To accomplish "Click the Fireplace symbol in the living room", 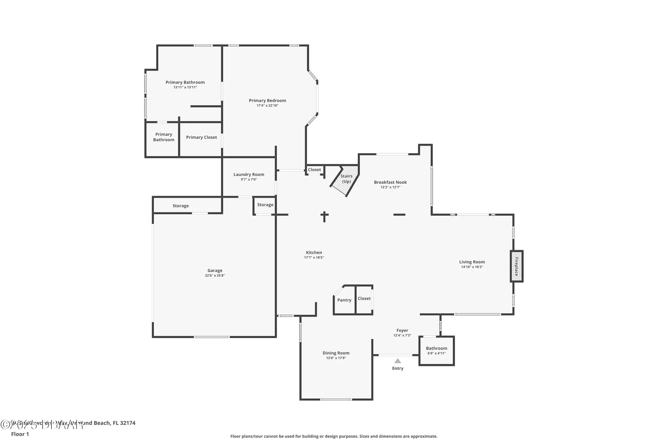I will [516, 266].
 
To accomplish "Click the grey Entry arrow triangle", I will [397, 361].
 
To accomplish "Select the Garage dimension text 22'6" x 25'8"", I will [215, 276].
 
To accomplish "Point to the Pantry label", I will [344, 300].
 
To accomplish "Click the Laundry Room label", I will [249, 175].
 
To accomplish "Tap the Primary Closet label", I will [201, 137].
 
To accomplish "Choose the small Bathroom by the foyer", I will [436, 351].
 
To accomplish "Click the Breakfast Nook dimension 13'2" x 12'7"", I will [390, 187].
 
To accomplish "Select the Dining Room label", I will [336, 353].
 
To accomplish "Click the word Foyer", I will [402, 330].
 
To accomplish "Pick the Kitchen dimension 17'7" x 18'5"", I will [314, 258].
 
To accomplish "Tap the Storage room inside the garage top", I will [181, 206].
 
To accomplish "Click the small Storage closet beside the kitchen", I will [265, 205].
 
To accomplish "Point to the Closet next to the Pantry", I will [364, 299].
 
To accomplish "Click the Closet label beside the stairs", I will [314, 170].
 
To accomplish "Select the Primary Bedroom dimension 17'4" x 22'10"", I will [267, 105].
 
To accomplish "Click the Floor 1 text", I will [20, 434].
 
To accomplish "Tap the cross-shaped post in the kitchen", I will [324, 216].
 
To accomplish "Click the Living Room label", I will [472, 262].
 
